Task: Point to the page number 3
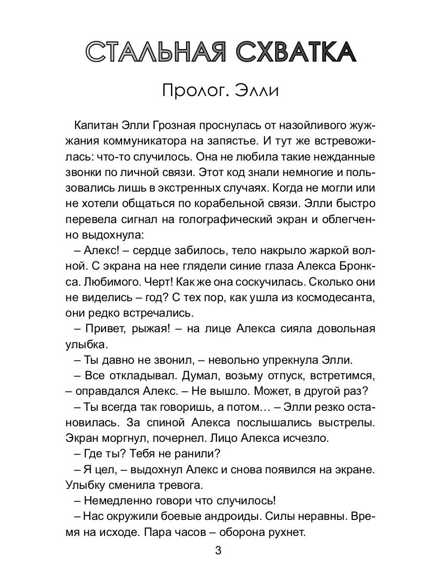(x=218, y=551)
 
